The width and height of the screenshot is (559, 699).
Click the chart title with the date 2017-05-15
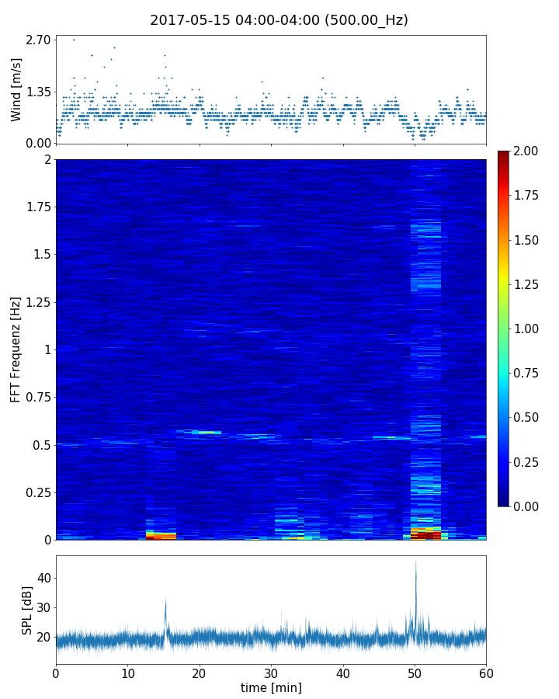pyautogui.click(x=279, y=20)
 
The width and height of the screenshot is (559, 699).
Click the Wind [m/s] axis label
pyautogui.click(x=16, y=89)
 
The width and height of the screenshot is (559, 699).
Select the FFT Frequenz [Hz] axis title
pyautogui.click(x=16, y=349)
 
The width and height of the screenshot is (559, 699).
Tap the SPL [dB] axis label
pyautogui.click(x=27, y=610)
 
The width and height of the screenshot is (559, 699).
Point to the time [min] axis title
pyautogui.click(x=271, y=687)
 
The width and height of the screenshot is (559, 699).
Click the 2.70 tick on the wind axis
pyautogui.click(x=38, y=40)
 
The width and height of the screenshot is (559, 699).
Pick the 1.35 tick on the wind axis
pyautogui.click(x=38, y=92)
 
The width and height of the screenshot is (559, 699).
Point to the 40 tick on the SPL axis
pyautogui.click(x=43, y=578)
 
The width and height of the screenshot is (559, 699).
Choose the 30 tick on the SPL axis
pyautogui.click(x=43, y=607)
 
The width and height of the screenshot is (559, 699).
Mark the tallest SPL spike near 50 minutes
pyautogui.click(x=415, y=563)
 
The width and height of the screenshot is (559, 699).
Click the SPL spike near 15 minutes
pyautogui.click(x=165, y=600)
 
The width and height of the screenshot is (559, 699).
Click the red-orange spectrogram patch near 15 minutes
pyautogui.click(x=161, y=535)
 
